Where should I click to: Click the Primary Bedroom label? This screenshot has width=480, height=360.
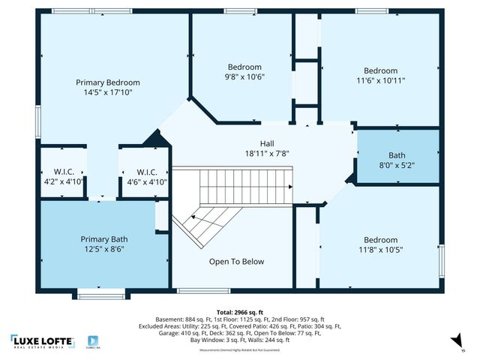tap(107, 82)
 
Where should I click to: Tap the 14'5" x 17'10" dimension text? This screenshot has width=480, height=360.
tap(107, 94)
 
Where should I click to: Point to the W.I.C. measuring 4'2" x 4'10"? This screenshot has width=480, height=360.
tap(61, 176)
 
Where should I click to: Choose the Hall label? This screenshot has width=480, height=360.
tap(267, 143)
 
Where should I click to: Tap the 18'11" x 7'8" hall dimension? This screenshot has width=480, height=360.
tap(267, 154)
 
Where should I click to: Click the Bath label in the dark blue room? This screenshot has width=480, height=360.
tap(397, 156)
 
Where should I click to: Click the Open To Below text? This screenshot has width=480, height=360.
tap(236, 262)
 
